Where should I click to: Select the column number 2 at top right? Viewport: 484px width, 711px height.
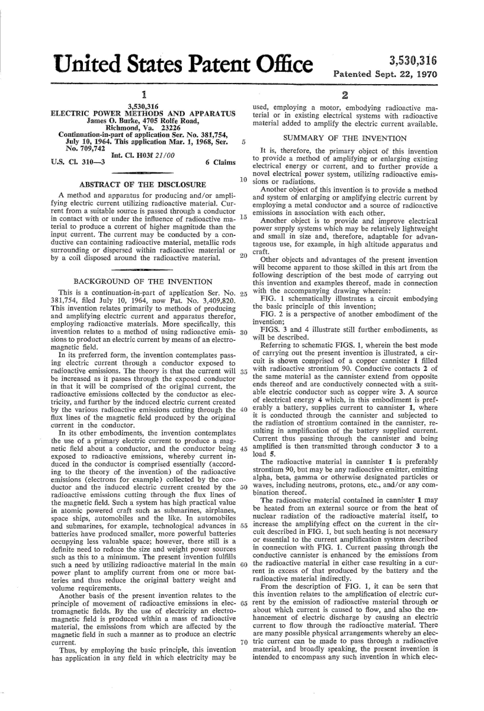(344, 96)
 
